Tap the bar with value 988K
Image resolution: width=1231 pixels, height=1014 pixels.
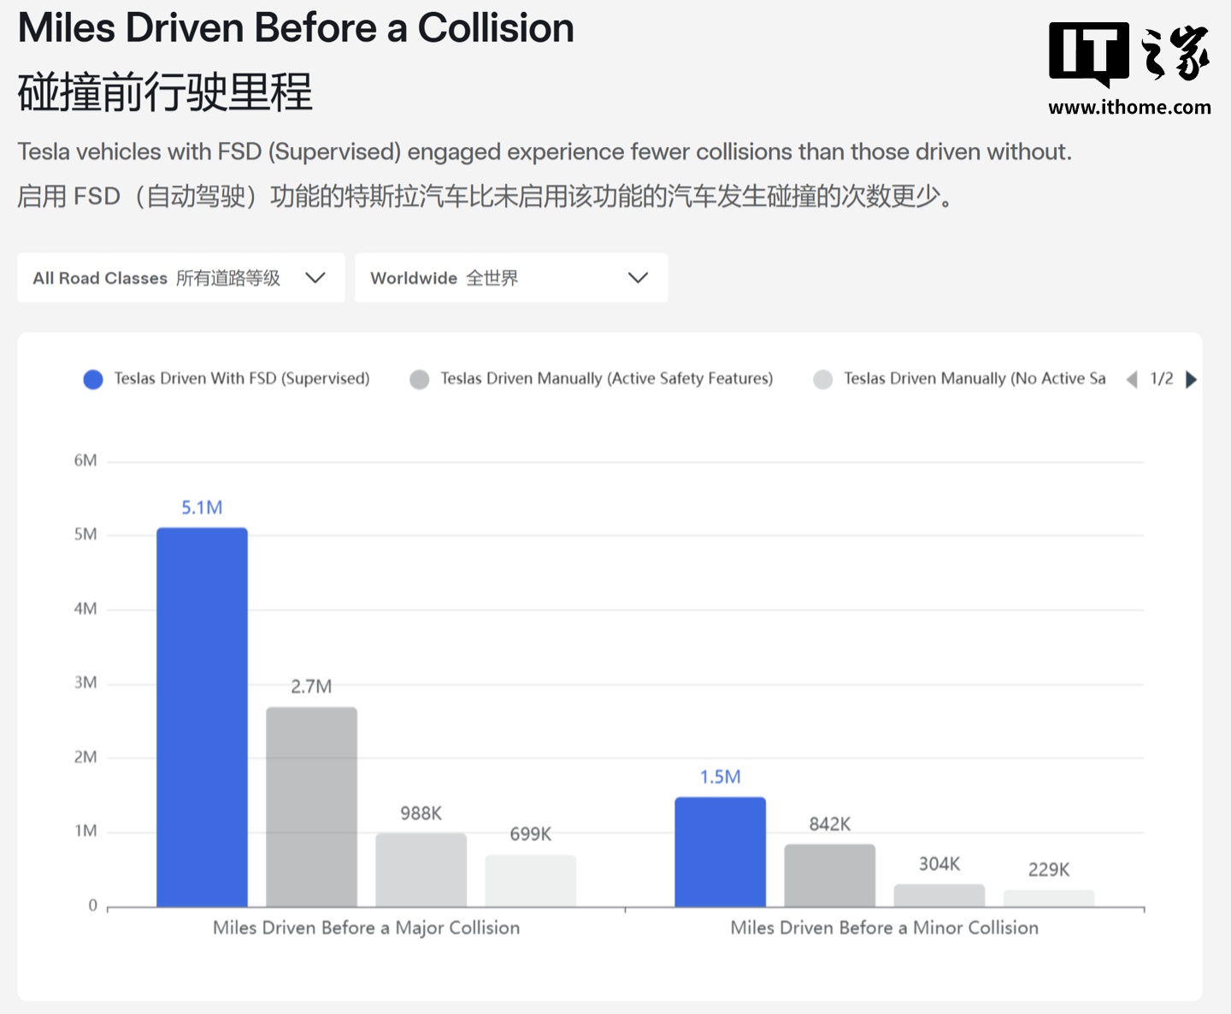421,870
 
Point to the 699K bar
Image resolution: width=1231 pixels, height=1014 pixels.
530,881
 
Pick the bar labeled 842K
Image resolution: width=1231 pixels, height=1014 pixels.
829,875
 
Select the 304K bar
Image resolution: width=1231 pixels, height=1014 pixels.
939,895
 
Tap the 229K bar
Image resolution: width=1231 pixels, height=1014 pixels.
1048,898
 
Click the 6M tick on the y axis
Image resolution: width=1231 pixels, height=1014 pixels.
85,461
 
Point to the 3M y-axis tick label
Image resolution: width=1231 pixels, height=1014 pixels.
85,683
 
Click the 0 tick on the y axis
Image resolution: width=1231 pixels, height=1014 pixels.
92,905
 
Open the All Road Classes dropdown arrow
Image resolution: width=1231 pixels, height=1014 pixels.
315,278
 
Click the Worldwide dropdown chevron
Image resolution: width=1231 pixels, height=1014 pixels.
638,278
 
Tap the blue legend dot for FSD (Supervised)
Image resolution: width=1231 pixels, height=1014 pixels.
93,380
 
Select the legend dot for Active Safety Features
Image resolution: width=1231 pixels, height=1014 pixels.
419,380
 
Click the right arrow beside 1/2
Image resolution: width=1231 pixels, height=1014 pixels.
1191,380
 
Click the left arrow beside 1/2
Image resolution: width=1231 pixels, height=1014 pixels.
1132,380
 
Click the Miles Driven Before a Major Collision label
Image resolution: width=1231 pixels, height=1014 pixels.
366,929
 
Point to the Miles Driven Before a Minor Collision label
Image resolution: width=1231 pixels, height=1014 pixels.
884,929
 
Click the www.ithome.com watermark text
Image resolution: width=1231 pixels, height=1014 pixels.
1129,108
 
